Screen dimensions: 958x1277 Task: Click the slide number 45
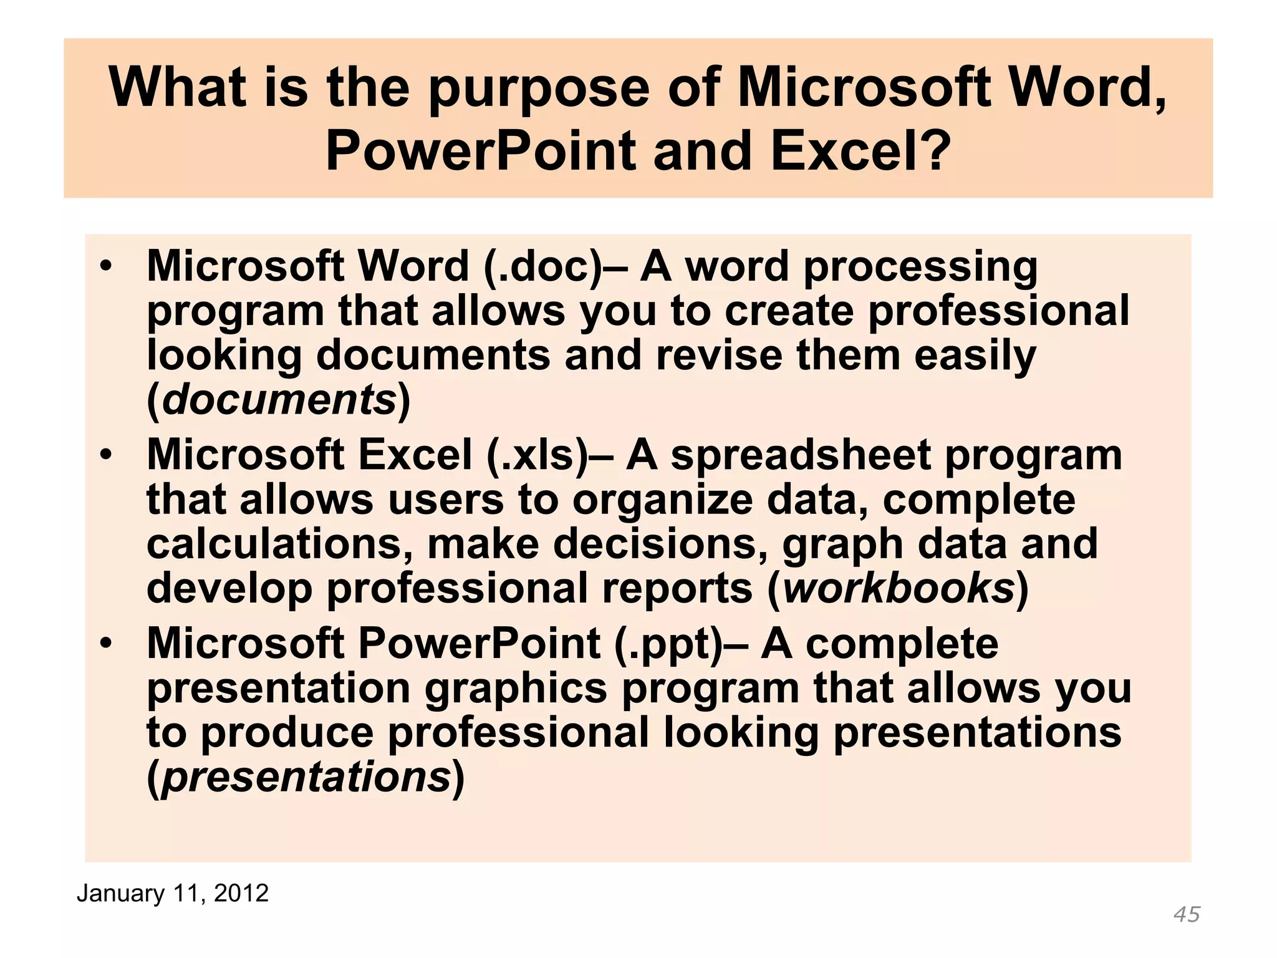coord(1186,914)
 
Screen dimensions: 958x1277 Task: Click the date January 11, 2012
coord(172,893)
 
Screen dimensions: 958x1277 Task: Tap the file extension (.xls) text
coord(537,455)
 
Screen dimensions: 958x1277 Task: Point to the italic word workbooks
coord(898,588)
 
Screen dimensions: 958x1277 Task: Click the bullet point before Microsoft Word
coord(107,266)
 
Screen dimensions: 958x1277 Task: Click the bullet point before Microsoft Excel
coord(107,455)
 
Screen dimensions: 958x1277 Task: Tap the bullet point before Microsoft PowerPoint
coord(107,643)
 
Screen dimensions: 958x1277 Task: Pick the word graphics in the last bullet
coord(516,689)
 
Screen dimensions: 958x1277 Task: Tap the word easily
coord(975,356)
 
